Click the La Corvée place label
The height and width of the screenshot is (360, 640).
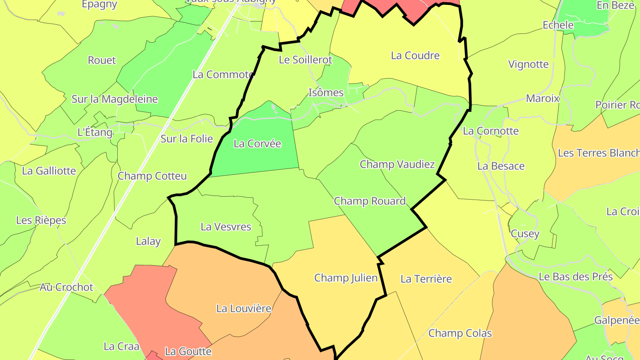click(257, 144)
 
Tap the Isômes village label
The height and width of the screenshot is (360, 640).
click(326, 92)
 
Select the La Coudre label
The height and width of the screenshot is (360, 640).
click(415, 56)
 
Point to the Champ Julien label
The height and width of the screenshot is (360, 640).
click(346, 278)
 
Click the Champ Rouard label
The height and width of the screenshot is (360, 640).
click(370, 201)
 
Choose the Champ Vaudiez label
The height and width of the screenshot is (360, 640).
click(397, 164)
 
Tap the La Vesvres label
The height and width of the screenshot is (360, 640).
click(226, 227)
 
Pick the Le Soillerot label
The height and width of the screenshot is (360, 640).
click(305, 60)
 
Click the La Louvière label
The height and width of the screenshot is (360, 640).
click(244, 308)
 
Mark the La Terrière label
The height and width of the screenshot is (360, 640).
click(426, 279)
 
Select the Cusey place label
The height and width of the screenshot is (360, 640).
click(525, 233)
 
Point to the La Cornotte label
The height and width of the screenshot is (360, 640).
click(491, 131)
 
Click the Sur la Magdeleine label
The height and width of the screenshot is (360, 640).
click(115, 99)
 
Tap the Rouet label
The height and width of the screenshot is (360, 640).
click(102, 60)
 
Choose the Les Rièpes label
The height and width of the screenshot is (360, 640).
click(41, 220)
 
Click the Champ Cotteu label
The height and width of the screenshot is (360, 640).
click(152, 176)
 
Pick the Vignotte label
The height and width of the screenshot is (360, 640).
click(528, 64)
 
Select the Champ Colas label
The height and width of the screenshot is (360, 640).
click(460, 333)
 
